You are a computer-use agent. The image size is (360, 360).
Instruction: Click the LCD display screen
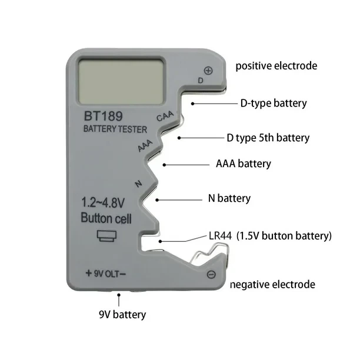[121, 81]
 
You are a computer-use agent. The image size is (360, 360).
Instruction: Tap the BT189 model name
[104, 116]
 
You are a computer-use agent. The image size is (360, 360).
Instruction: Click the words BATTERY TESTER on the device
[115, 129]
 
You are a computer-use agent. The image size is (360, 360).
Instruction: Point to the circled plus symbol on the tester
[208, 71]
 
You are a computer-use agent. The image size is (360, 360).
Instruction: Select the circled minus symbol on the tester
[211, 274]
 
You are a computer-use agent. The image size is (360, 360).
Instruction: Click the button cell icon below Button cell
[106, 236]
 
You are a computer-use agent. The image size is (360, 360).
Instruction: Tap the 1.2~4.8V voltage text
[103, 203]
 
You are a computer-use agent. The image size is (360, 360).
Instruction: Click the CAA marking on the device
[165, 116]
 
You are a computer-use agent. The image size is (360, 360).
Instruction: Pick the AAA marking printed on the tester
[145, 145]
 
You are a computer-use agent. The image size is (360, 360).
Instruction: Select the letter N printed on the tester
[138, 184]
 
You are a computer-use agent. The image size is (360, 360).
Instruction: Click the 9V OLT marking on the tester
[106, 274]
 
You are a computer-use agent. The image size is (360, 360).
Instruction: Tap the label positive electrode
[276, 66]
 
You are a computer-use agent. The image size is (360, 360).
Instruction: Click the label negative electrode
[272, 285]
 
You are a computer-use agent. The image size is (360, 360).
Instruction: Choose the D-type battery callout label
[274, 104]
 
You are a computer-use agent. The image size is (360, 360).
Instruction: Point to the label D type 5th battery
[268, 138]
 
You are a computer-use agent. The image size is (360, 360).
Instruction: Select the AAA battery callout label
[244, 164]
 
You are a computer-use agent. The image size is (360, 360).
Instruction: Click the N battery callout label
[229, 198]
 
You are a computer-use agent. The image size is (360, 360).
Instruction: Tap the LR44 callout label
[270, 236]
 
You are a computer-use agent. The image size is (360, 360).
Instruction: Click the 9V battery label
[122, 315]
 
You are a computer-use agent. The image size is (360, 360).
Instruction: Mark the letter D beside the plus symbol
[201, 81]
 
